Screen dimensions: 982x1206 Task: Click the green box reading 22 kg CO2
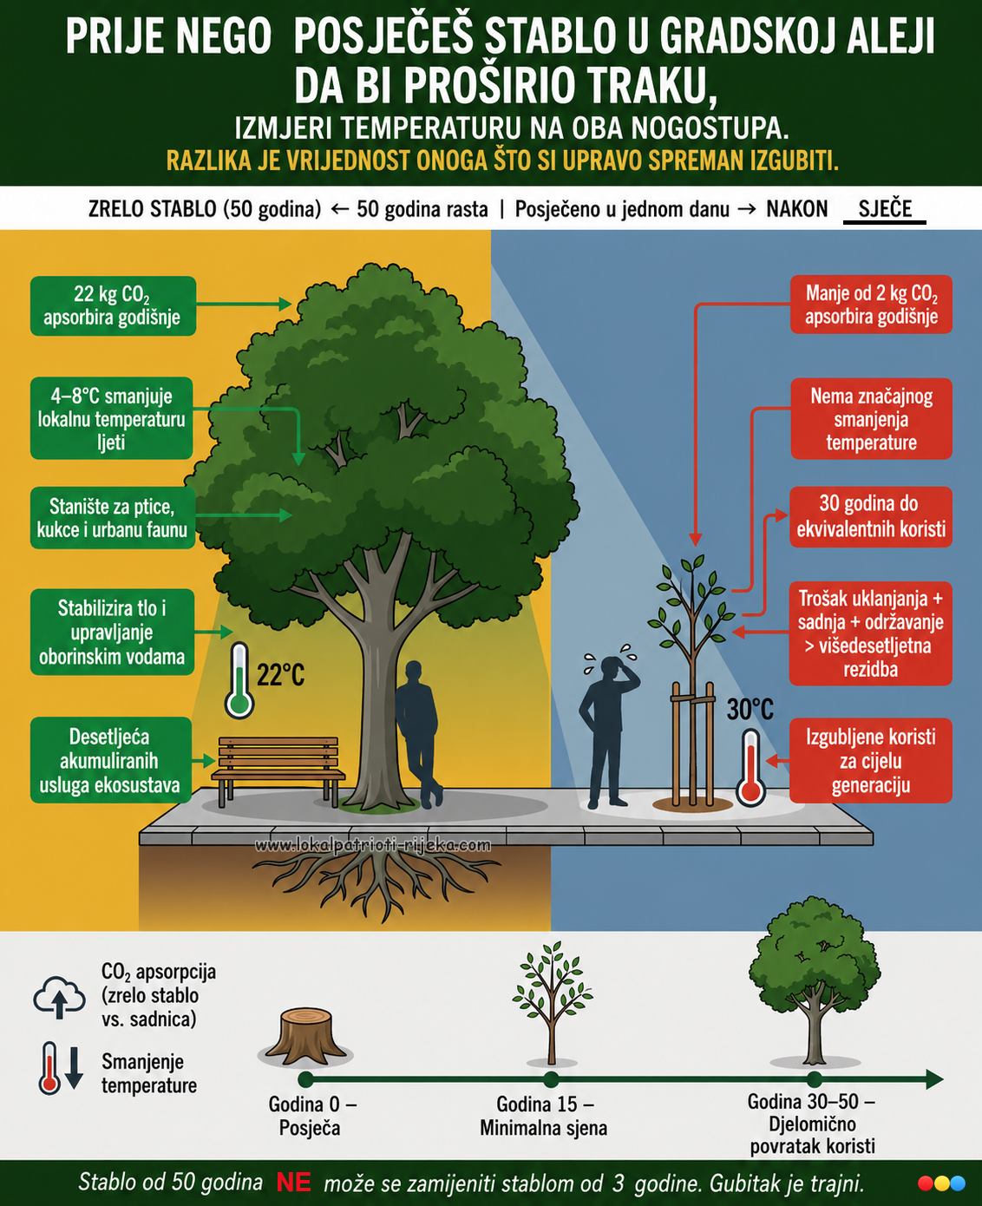113,305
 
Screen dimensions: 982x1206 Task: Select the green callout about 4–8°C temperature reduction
112,418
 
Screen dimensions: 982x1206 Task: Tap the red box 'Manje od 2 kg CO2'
871,305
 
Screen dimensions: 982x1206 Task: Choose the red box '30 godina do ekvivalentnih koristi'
871,516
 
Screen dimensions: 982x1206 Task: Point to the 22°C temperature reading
281,675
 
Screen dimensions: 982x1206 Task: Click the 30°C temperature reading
750,710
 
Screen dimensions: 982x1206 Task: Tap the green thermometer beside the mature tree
239,680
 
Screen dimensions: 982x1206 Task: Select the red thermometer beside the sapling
750,768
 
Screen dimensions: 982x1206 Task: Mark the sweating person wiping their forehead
608,731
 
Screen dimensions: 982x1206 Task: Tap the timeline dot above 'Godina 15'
551,1079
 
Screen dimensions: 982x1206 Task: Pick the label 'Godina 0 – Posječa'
311,1116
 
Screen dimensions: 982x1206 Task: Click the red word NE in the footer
294,1183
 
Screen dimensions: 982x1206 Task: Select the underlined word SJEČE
885,209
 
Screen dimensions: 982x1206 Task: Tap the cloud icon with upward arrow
60,998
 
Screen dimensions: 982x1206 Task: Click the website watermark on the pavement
373,846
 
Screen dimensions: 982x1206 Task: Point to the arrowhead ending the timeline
934,1079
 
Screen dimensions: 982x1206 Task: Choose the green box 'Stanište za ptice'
112,517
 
